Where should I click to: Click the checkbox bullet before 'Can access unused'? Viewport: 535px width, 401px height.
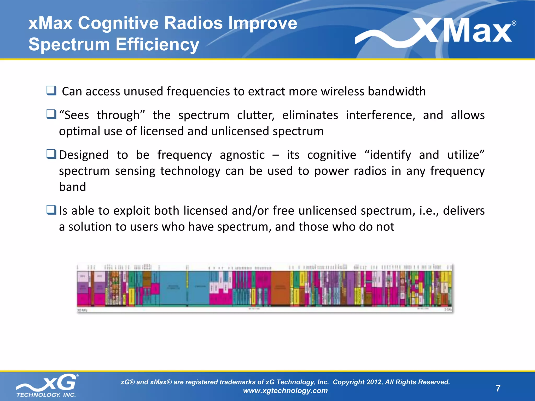coord(51,91)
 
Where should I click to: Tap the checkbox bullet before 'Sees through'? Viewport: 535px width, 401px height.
coord(51,114)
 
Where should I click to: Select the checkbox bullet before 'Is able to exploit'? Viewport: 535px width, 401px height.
coord(51,210)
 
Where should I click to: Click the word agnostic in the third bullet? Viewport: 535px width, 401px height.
coord(242,155)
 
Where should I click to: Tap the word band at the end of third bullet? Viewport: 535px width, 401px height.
coord(72,187)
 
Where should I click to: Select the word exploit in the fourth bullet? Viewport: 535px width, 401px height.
coord(131,211)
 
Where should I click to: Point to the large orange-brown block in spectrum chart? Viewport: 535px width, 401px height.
coord(280,288)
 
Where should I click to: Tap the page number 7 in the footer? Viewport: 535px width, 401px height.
coord(498,388)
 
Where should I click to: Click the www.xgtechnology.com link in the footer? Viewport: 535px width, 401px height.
coord(285,391)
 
